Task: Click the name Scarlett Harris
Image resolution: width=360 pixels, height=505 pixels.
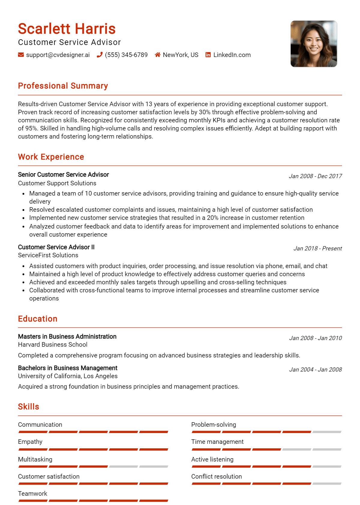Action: [67, 29]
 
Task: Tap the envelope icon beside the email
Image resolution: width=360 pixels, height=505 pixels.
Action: [21, 55]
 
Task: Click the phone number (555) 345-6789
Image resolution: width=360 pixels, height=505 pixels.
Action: [126, 55]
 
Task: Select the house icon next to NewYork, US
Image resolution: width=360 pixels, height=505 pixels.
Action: [157, 55]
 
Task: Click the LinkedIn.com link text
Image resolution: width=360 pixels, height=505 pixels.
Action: [232, 55]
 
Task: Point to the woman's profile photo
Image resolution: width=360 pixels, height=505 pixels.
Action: [314, 44]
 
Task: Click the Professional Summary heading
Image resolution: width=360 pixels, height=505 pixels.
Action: [63, 86]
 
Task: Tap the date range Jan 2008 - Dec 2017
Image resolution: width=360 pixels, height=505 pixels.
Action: [315, 176]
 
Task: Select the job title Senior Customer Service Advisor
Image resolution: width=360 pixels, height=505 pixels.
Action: [63, 175]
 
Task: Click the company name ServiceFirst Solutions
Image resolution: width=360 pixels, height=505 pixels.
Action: [48, 255]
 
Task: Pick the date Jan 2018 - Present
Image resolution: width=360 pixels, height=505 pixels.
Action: [317, 248]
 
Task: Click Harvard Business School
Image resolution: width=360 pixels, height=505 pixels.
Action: [53, 345]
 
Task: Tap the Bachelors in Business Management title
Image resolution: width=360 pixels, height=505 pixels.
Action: [67, 368]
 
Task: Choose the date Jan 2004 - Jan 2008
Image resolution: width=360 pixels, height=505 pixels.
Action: [315, 369]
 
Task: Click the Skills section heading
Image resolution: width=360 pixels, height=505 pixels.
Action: [28, 407]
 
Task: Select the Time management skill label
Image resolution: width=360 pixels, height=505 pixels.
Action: [217, 442]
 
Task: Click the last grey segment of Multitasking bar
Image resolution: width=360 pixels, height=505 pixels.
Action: [154, 467]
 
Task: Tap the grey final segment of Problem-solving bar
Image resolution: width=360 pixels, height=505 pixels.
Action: [327, 432]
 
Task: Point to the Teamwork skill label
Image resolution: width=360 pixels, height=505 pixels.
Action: [33, 494]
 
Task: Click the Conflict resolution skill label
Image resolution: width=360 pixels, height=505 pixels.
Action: [216, 477]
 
